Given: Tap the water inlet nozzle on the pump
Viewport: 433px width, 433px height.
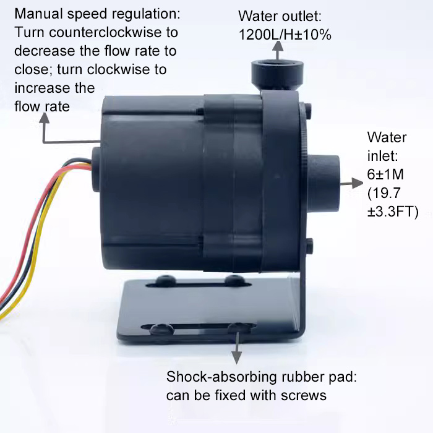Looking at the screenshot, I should [328, 182].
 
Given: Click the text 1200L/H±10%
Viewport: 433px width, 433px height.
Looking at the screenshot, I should [285, 35].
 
